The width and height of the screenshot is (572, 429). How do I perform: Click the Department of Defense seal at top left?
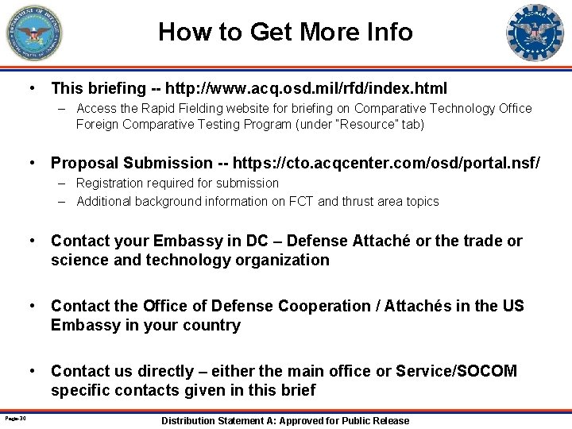click(34, 33)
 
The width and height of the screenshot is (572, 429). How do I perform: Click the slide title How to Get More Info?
click(285, 32)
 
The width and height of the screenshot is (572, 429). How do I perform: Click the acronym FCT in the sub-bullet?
click(330, 201)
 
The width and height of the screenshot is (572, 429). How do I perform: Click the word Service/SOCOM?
click(456, 371)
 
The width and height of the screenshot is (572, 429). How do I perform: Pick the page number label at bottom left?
click(15, 419)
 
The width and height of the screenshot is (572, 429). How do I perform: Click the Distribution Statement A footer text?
click(285, 420)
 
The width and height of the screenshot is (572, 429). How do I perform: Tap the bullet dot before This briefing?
click(33, 87)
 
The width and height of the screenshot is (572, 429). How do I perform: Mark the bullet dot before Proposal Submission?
click(33, 163)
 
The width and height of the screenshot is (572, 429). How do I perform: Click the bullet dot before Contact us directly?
click(33, 371)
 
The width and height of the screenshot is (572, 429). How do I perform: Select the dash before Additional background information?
click(62, 201)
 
